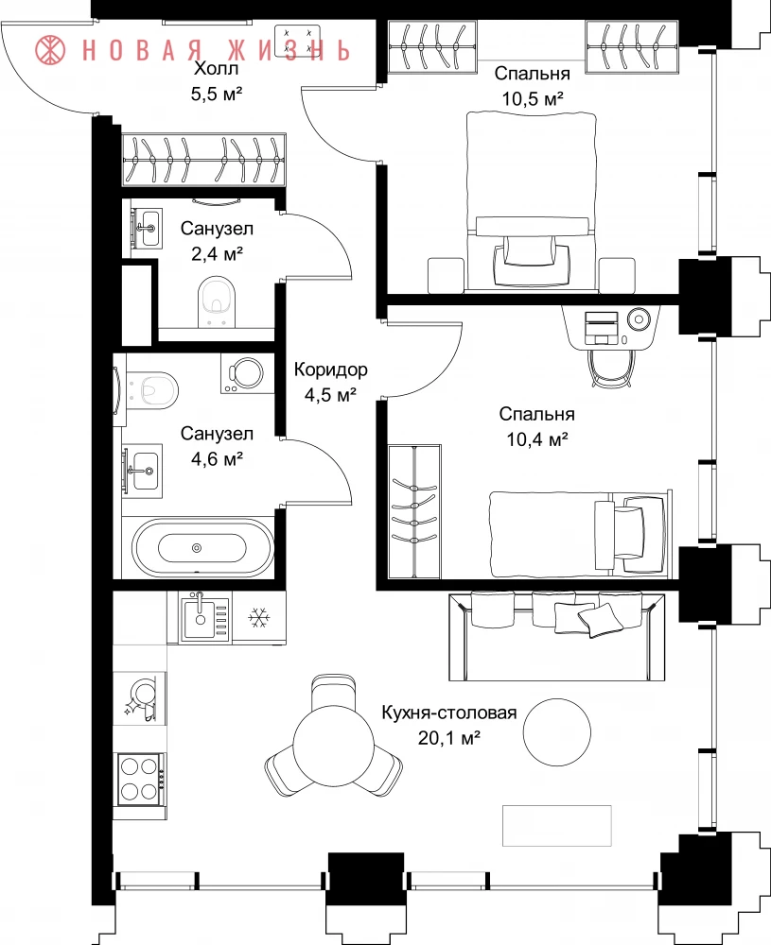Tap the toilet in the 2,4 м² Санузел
pyautogui.click(x=217, y=302)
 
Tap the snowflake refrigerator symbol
pyautogui.click(x=259, y=617)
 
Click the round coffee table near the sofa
pyautogui.click(x=556, y=732)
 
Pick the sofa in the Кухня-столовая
pyautogui.click(x=557, y=636)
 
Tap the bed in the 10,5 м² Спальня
pyautogui.click(x=532, y=201)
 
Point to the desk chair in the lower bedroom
pyautogui.click(x=612, y=367)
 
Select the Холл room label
pyautogui.click(x=216, y=68)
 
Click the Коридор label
pyautogui.click(x=330, y=369)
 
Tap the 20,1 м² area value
pyautogui.click(x=448, y=737)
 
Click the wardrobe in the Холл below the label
pyautogui.click(x=204, y=160)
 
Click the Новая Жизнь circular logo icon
pyautogui.click(x=51, y=49)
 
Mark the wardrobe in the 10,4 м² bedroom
pyautogui.click(x=413, y=511)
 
